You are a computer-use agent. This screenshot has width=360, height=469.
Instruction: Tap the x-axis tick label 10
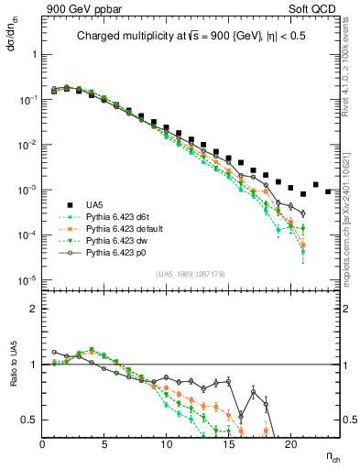pos(167,444)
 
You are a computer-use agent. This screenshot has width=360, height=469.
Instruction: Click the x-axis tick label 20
pos(290,444)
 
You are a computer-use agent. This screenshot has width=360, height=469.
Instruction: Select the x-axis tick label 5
pos(104,444)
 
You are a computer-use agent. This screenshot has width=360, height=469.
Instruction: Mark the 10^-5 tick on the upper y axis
pos(27,279)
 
